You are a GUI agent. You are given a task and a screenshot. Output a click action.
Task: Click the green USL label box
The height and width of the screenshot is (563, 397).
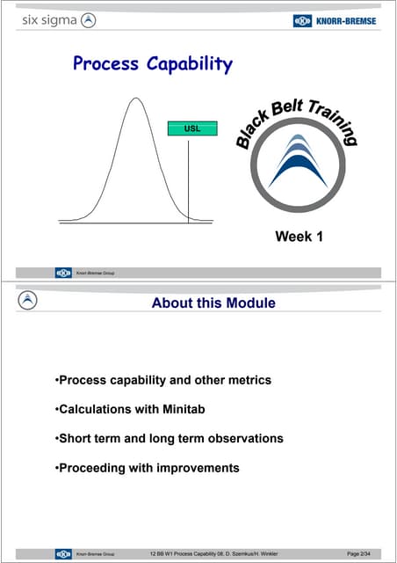191,128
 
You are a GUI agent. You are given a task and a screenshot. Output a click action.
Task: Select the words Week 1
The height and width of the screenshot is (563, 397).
299,236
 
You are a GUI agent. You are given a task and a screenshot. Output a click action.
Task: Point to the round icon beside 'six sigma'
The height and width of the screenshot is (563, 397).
88,20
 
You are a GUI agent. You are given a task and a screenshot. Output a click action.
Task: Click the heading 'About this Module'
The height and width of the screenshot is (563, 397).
213,303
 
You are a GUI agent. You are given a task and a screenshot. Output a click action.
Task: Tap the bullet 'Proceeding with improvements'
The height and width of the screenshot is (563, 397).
147,467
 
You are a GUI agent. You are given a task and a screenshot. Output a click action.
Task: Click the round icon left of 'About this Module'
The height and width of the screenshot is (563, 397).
29,301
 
